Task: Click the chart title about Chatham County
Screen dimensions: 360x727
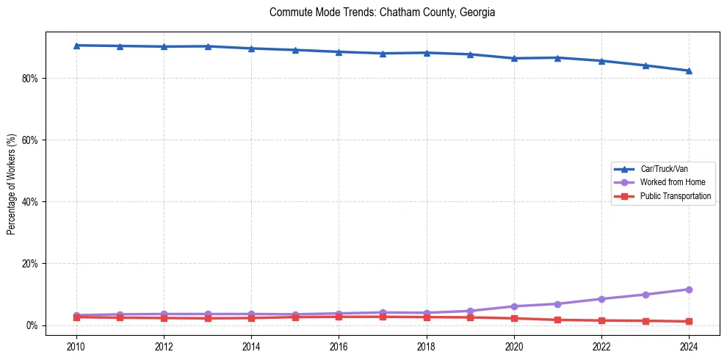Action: (382, 12)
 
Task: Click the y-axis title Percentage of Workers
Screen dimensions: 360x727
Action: (11, 184)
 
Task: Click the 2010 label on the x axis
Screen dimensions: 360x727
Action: (76, 345)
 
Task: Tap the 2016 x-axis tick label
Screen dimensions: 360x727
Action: (339, 345)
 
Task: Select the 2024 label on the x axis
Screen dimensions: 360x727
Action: (689, 345)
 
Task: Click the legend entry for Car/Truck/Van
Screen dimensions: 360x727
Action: (664, 169)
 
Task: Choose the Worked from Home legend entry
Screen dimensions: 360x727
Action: (669, 182)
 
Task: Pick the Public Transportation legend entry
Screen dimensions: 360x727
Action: (675, 196)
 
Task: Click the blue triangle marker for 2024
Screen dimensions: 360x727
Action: (689, 71)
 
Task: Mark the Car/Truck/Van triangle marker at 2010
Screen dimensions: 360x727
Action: (76, 46)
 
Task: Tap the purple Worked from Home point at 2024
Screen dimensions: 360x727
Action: (689, 289)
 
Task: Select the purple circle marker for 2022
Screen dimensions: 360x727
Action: (601, 299)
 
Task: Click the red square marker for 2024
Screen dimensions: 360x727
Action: (689, 321)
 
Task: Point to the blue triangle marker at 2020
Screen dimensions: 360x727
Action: (514, 58)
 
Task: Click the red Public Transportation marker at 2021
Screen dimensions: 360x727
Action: (557, 320)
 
